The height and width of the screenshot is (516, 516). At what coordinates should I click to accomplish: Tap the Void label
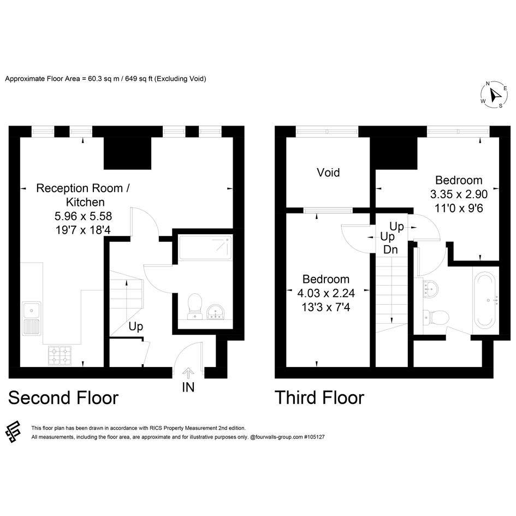tap(328, 173)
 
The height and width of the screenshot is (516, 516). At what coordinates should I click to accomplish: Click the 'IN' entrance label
tap(188, 387)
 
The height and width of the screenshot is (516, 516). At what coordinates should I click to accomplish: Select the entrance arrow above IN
tap(188, 373)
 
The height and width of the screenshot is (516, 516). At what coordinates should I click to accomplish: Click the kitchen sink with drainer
tap(32, 318)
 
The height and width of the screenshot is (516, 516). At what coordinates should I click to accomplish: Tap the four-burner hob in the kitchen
tap(60, 355)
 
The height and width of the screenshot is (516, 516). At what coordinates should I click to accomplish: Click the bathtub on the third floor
tap(485, 300)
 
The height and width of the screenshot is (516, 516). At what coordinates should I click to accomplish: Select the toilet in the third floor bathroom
tap(436, 318)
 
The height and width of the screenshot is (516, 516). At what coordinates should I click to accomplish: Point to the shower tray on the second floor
tap(205, 248)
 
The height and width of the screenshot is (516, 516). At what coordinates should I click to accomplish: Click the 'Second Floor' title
tap(63, 398)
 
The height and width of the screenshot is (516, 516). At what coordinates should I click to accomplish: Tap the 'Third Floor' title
tap(319, 398)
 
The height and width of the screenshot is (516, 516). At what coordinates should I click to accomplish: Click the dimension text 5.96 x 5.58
tap(83, 216)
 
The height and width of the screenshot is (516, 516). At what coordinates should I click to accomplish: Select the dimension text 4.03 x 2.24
tap(326, 293)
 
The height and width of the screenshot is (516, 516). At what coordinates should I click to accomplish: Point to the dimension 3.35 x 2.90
tap(459, 194)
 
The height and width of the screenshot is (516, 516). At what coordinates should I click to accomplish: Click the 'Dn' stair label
tap(390, 250)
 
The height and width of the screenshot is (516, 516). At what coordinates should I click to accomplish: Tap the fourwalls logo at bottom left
tap(13, 431)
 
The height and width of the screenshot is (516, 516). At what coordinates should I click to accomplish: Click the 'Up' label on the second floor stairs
tap(136, 327)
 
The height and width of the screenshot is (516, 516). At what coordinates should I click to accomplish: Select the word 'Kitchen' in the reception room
tap(85, 202)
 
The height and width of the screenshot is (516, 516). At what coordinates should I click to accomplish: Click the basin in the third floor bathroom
tap(431, 288)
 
